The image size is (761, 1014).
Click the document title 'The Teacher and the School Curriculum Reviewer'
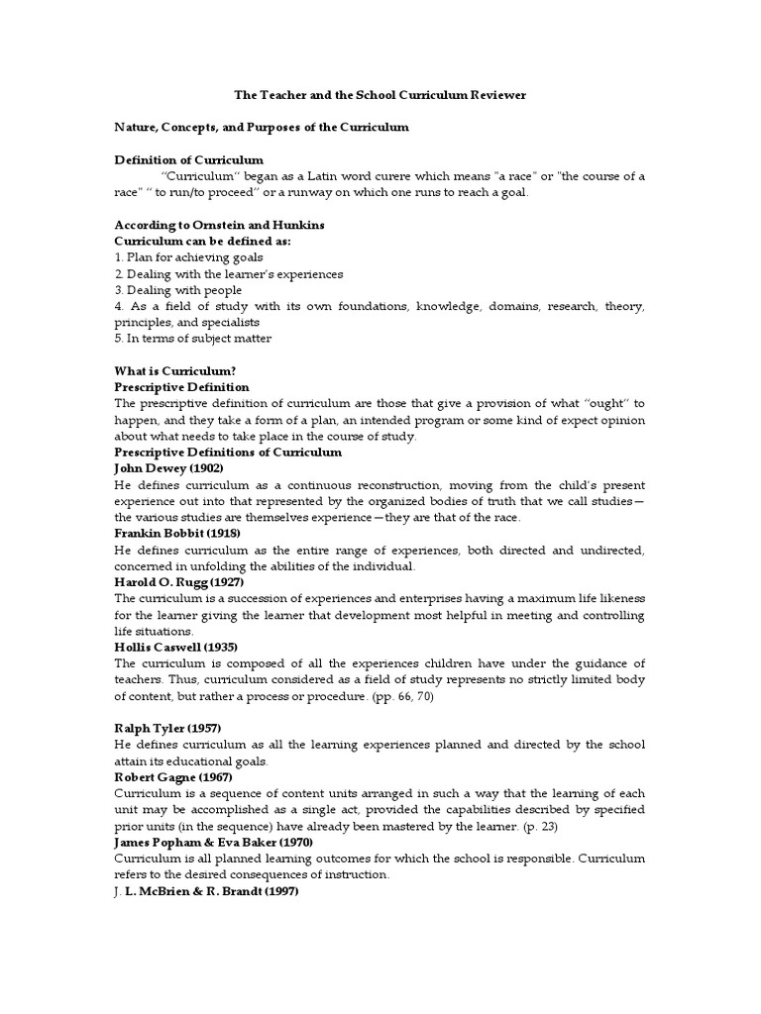[x=380, y=95]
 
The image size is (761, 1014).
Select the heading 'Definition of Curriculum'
[x=189, y=160]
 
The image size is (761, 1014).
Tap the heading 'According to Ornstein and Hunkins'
[x=220, y=225]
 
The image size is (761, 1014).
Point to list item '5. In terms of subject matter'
[x=192, y=339]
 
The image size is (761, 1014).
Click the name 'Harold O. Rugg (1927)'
[x=179, y=581]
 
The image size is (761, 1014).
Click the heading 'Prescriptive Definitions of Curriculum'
[x=228, y=452]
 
